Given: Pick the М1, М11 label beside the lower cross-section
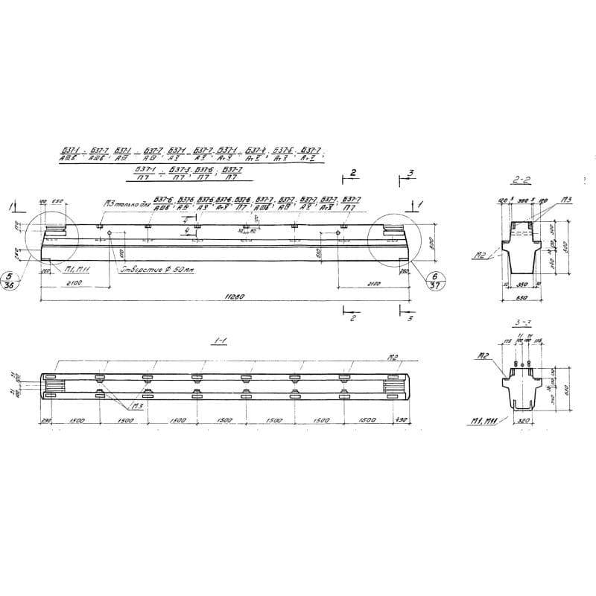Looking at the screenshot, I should pos(485,422).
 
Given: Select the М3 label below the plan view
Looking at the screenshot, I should pos(136,407).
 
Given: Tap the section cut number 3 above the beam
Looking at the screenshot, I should pos(411,173).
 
